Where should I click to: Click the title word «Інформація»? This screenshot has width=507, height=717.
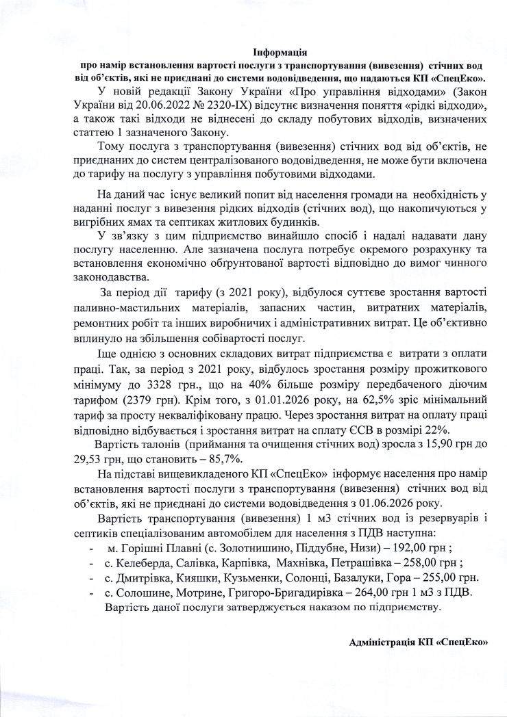279,53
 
